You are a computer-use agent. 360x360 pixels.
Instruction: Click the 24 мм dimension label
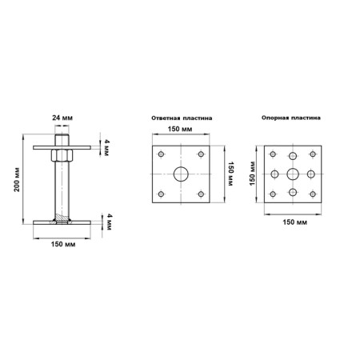[x=62, y=118]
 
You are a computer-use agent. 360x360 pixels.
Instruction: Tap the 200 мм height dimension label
[x=17, y=179]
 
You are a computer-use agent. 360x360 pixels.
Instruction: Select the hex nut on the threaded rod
[x=62, y=155]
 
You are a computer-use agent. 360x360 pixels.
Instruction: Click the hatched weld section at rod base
[x=62, y=218]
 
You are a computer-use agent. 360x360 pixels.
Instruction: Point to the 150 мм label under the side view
[x=63, y=244]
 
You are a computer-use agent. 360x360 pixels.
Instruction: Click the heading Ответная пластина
[x=182, y=118]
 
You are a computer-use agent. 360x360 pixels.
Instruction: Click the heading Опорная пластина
[x=291, y=118]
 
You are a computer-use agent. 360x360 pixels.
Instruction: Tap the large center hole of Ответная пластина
[x=181, y=174]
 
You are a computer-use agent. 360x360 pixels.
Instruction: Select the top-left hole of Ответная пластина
[x=161, y=154]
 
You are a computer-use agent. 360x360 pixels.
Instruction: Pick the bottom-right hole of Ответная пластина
[x=201, y=194]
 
